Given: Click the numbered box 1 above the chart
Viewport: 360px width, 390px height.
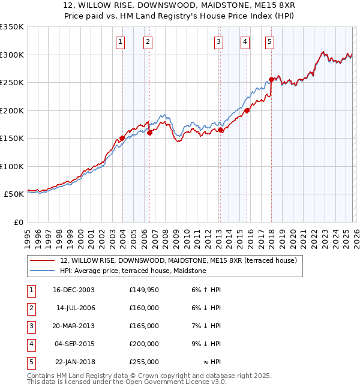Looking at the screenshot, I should tap(121, 41).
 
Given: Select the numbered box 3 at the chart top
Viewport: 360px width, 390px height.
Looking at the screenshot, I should tap(218, 41).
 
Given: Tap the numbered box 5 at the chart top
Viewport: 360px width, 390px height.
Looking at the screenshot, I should tap(269, 41).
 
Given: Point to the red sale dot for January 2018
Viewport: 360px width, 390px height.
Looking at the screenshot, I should tap(271, 79).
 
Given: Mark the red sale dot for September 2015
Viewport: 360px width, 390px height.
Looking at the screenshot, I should tap(247, 110).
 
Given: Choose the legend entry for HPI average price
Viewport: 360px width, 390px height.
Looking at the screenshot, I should tap(133, 271).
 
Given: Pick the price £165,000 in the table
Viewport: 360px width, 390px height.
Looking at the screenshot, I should tap(144, 326).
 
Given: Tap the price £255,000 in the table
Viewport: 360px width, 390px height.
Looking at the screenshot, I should tap(144, 362).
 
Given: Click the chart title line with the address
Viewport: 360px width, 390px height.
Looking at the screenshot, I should tap(179, 6).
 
